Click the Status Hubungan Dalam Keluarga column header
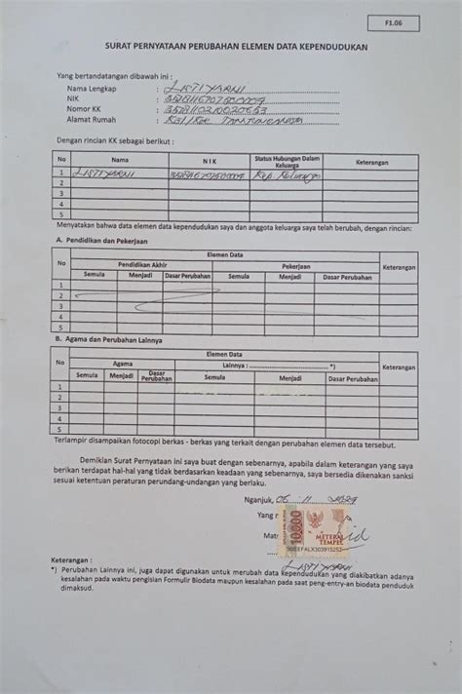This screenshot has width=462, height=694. (288, 159)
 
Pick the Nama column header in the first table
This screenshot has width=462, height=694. (120, 159)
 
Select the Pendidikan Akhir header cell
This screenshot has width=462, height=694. (142, 265)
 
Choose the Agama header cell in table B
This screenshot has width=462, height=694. (123, 364)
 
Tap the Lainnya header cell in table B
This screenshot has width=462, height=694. (233, 365)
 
